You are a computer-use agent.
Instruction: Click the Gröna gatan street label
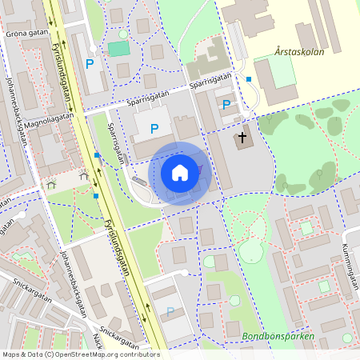[x=26, y=34]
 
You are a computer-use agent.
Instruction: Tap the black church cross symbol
[x=242, y=138]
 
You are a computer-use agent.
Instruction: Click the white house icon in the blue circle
[x=180, y=172]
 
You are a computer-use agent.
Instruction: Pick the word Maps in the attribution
[x=11, y=354]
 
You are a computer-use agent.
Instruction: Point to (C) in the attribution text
[x=49, y=354]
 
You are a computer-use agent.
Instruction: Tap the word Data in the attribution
[x=34, y=354]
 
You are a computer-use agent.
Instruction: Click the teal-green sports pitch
[x=118, y=49]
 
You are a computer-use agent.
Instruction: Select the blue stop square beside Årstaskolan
[x=249, y=78]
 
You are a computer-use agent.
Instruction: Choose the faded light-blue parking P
[x=170, y=311]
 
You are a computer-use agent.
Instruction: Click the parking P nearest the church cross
[x=226, y=105]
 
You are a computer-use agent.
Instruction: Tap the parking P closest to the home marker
[x=154, y=128]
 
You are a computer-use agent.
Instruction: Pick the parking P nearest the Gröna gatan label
[x=90, y=63]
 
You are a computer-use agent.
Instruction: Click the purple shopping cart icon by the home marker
[x=199, y=169]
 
